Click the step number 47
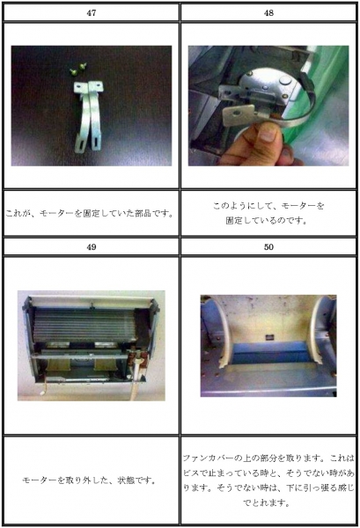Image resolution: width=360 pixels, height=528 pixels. [92, 13]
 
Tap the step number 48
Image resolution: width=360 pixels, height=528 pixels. [268, 13]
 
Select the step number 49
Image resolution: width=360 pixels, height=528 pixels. [92, 246]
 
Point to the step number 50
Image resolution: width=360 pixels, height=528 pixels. [268, 246]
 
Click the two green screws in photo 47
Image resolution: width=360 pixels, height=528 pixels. [77, 69]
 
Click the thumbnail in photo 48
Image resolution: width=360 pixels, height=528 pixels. [268, 135]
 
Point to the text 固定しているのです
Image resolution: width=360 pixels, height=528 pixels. [267, 221]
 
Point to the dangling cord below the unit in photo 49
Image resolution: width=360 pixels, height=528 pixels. [136, 381]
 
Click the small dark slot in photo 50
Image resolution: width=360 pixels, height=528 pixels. [269, 337]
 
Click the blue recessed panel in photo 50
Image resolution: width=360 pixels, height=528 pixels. [268, 353]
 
